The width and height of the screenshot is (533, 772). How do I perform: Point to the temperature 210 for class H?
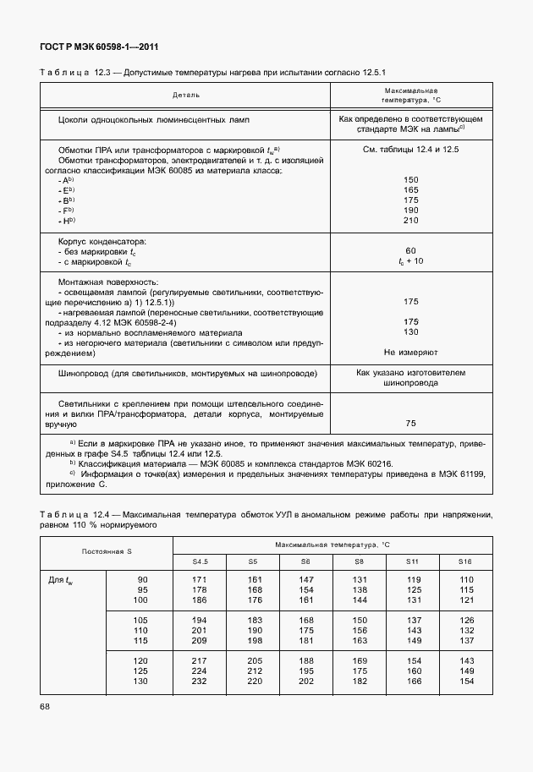pos(410,221)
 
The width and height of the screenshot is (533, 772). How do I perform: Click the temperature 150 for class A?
pos(410,180)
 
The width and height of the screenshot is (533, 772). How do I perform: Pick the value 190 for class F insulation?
pos(410,211)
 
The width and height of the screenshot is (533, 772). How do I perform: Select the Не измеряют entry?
pos(410,351)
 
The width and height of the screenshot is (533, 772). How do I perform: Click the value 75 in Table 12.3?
pos(410,423)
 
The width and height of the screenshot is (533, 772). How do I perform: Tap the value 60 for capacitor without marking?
pos(410,251)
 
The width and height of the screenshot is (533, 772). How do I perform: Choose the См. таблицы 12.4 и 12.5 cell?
pos(410,150)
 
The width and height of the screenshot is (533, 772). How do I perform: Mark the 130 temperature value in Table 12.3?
pos(410,332)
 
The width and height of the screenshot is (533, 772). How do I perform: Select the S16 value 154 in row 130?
pos(464,681)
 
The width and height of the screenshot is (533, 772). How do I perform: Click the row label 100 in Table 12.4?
pos(142,600)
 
